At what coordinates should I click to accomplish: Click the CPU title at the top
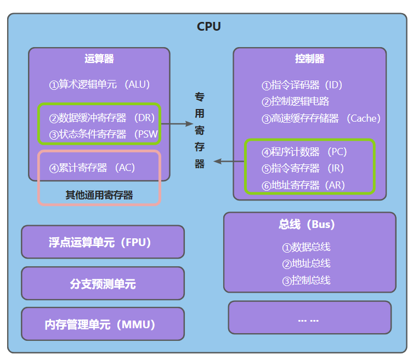(x=208, y=26)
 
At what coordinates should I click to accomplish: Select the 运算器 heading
(x=99, y=59)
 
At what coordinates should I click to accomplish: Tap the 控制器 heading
(x=309, y=59)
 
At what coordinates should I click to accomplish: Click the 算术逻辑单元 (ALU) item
(x=99, y=85)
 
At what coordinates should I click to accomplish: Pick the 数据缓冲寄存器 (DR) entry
(x=102, y=118)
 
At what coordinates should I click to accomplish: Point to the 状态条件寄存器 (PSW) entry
(x=102, y=134)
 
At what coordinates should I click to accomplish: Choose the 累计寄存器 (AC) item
(x=92, y=168)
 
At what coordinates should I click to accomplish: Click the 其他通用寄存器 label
(x=99, y=195)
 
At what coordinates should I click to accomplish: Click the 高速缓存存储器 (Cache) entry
(x=321, y=118)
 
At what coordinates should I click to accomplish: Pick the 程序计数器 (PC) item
(x=304, y=152)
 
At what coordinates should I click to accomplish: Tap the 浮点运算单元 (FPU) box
(x=103, y=242)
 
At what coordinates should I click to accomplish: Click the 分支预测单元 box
(x=103, y=283)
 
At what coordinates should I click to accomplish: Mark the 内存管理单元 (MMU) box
(x=103, y=324)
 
